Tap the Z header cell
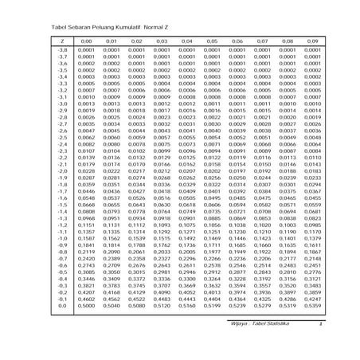(x=61, y=40)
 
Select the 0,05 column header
(x=211, y=40)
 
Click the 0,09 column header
(x=309, y=40)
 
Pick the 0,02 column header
(x=137, y=40)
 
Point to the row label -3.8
(x=61, y=50)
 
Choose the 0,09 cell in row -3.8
(x=309, y=50)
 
